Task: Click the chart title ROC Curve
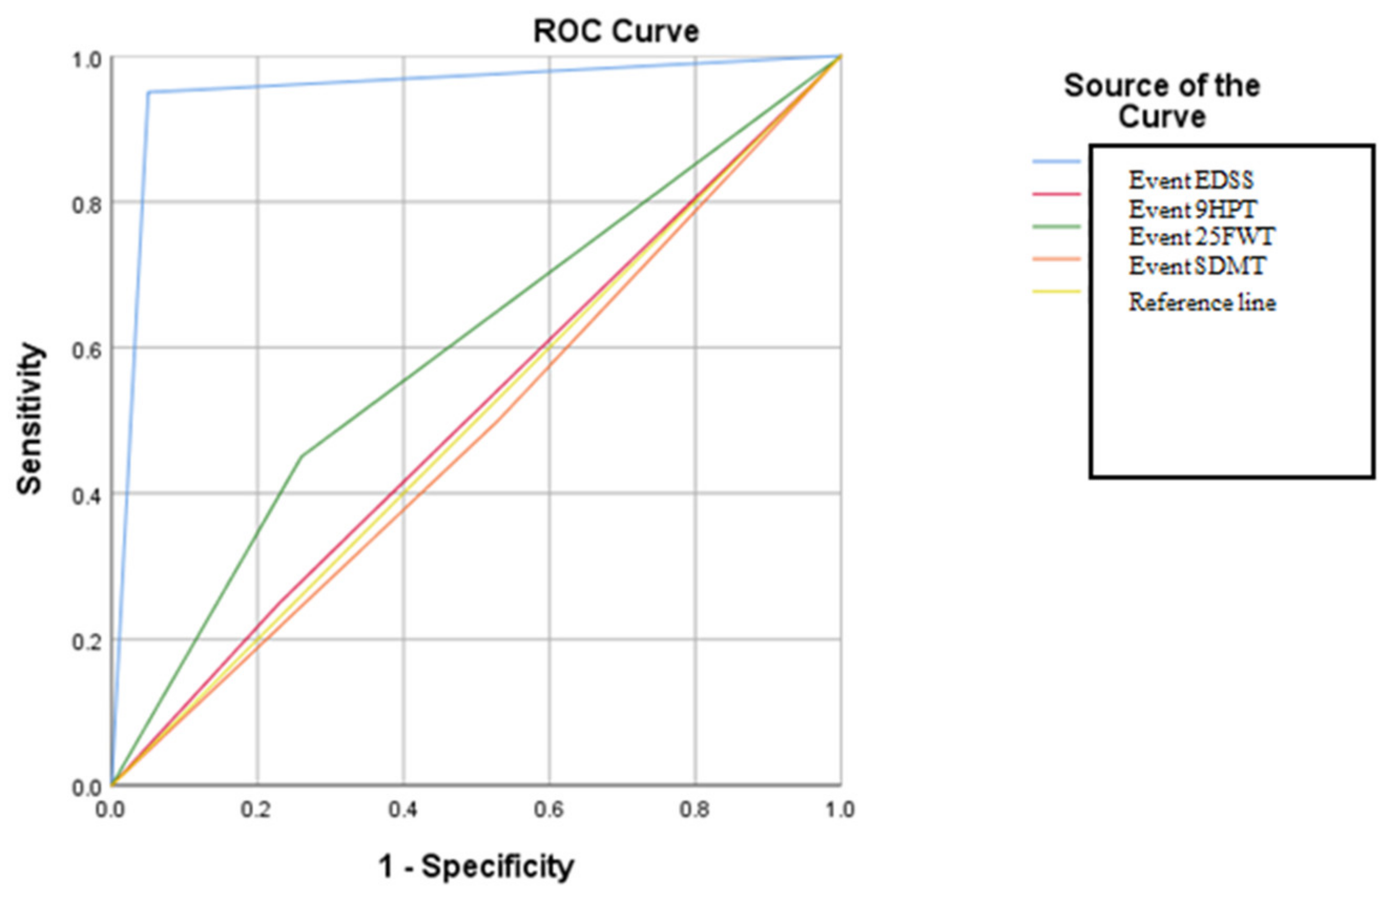click(616, 32)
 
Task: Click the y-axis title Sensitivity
click(29, 419)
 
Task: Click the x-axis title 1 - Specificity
click(476, 866)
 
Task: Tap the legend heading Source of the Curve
click(1162, 101)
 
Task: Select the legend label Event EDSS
click(1191, 180)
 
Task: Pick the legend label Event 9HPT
click(1193, 208)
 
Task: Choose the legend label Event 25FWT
click(1202, 236)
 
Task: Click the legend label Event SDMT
click(1197, 266)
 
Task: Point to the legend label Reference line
click(1202, 302)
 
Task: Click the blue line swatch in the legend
click(1056, 161)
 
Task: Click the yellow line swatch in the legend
click(1056, 291)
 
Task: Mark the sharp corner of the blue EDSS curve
click(149, 92)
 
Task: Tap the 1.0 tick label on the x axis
click(839, 810)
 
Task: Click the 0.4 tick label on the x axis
click(402, 810)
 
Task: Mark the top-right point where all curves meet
click(840, 57)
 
